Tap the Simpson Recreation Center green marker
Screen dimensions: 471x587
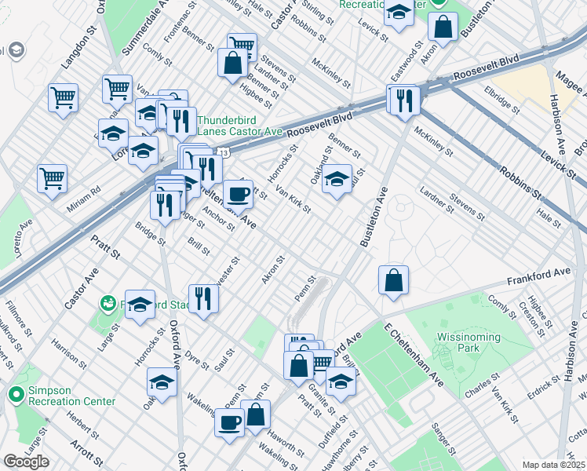pos(14,394)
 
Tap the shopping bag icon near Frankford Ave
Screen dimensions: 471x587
pos(393,280)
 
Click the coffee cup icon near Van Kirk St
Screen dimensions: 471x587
pos(238,193)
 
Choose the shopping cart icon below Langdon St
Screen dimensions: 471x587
pos(63,98)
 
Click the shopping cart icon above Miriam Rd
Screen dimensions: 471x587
pos(52,178)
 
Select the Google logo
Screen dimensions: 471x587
pos(25,462)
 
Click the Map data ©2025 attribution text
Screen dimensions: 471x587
pos(554,465)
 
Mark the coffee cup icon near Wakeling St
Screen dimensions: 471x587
pos(230,422)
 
